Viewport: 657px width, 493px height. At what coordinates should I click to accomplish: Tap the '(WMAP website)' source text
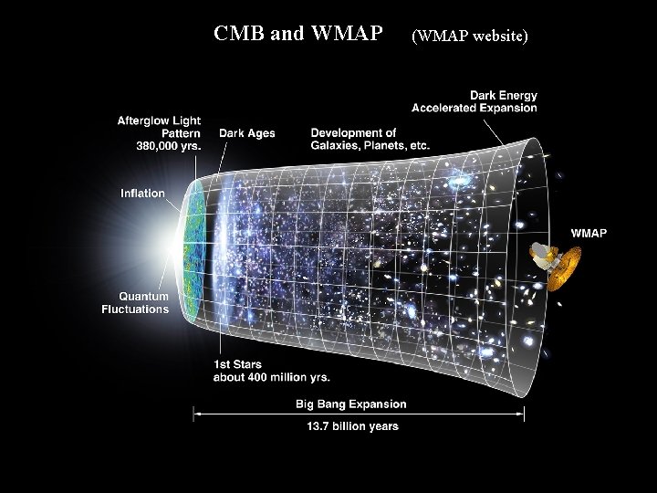click(x=470, y=37)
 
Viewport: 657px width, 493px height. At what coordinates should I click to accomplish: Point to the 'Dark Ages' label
click(x=247, y=133)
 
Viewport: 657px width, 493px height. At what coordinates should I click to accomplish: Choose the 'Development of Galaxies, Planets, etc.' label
click(x=370, y=139)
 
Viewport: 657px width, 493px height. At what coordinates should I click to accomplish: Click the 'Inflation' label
click(x=142, y=194)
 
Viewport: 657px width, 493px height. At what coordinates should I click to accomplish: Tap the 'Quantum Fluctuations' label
click(x=135, y=302)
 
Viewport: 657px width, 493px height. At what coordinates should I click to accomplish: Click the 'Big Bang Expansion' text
click(x=350, y=404)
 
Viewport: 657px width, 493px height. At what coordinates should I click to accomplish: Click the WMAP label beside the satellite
click(x=589, y=233)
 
